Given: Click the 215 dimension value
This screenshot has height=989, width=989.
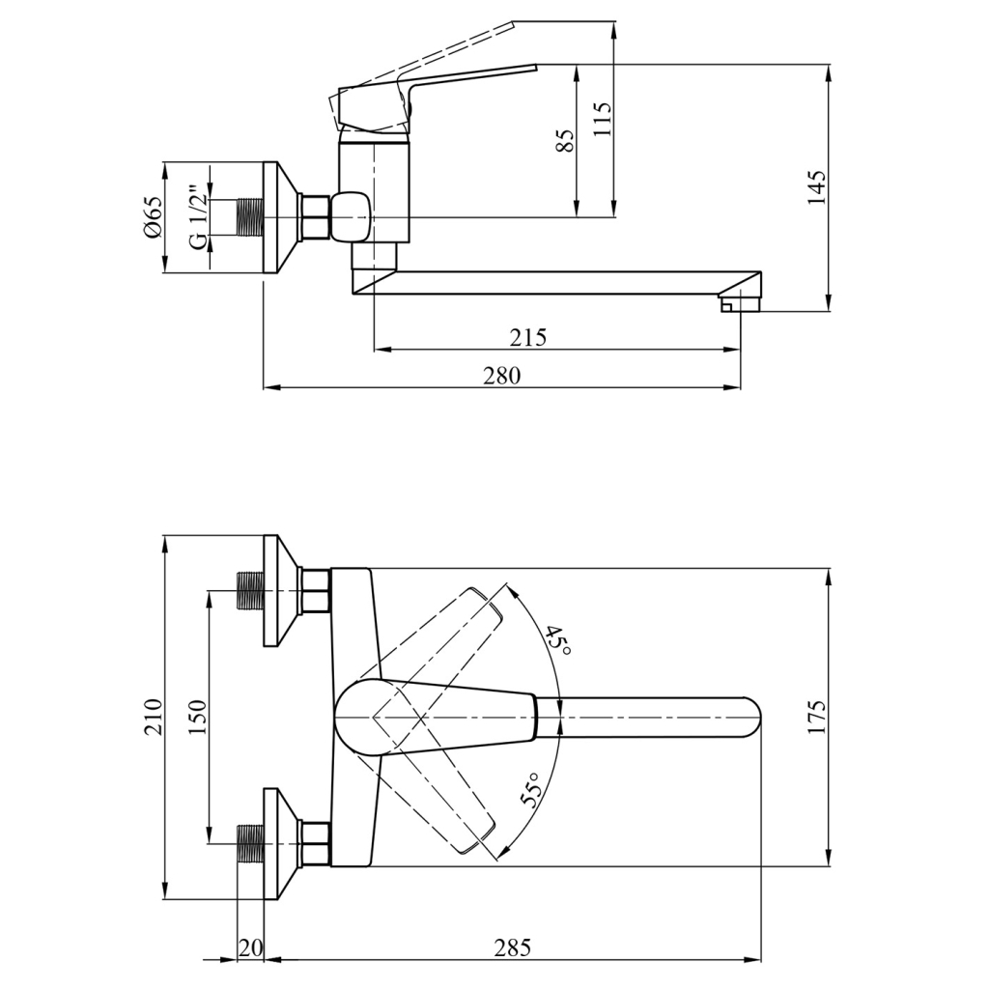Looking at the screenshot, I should (528, 337).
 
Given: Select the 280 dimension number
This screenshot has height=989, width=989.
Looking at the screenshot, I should (502, 376).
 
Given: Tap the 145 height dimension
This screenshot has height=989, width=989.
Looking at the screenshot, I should (817, 187).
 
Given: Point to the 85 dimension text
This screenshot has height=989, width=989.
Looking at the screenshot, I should (566, 141).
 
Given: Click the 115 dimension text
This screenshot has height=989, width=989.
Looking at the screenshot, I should (604, 122).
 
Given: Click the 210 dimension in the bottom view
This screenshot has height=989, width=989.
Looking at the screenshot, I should (153, 717).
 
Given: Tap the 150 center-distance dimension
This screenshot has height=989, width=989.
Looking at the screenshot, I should (196, 717).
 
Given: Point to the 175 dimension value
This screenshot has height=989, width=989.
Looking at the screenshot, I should (817, 717).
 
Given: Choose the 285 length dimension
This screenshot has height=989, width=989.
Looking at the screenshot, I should (512, 947).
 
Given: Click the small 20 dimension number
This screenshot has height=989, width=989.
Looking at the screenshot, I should (250, 947).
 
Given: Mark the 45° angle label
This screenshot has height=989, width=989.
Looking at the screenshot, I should (557, 640).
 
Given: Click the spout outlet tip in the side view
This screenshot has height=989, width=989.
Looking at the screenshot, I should (741, 303).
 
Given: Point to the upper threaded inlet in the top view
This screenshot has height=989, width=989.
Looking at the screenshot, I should (251, 589).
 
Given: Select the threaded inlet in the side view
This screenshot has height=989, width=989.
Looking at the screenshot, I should (250, 216).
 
